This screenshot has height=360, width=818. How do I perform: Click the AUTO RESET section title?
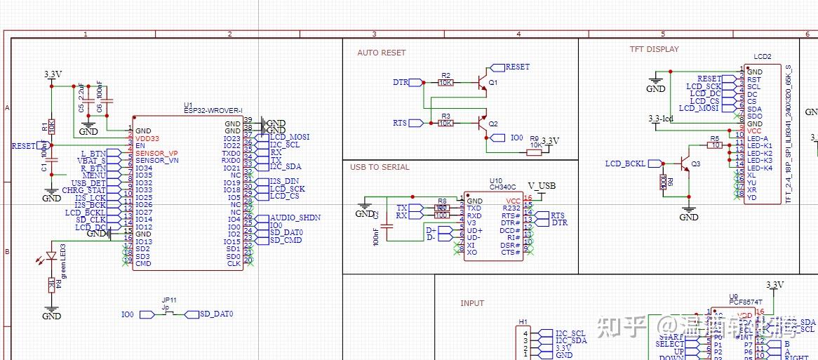381,53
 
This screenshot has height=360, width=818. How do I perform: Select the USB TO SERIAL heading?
380,167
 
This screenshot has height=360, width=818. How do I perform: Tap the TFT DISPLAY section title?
654,49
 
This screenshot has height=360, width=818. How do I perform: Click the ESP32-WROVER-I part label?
213,110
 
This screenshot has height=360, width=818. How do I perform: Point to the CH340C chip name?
503,187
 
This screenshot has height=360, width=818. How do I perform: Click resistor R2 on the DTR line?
445,82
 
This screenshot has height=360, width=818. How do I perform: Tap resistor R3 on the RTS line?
445,123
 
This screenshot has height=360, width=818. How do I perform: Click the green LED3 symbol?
51,257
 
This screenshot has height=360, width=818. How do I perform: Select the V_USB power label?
542,185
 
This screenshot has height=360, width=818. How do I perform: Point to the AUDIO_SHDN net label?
295,218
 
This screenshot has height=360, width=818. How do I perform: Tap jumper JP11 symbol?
168,314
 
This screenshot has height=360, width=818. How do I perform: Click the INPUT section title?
472,303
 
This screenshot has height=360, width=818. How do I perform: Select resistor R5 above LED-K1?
714,145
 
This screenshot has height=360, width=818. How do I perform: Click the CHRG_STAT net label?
83,190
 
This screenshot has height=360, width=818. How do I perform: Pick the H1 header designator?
523,321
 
